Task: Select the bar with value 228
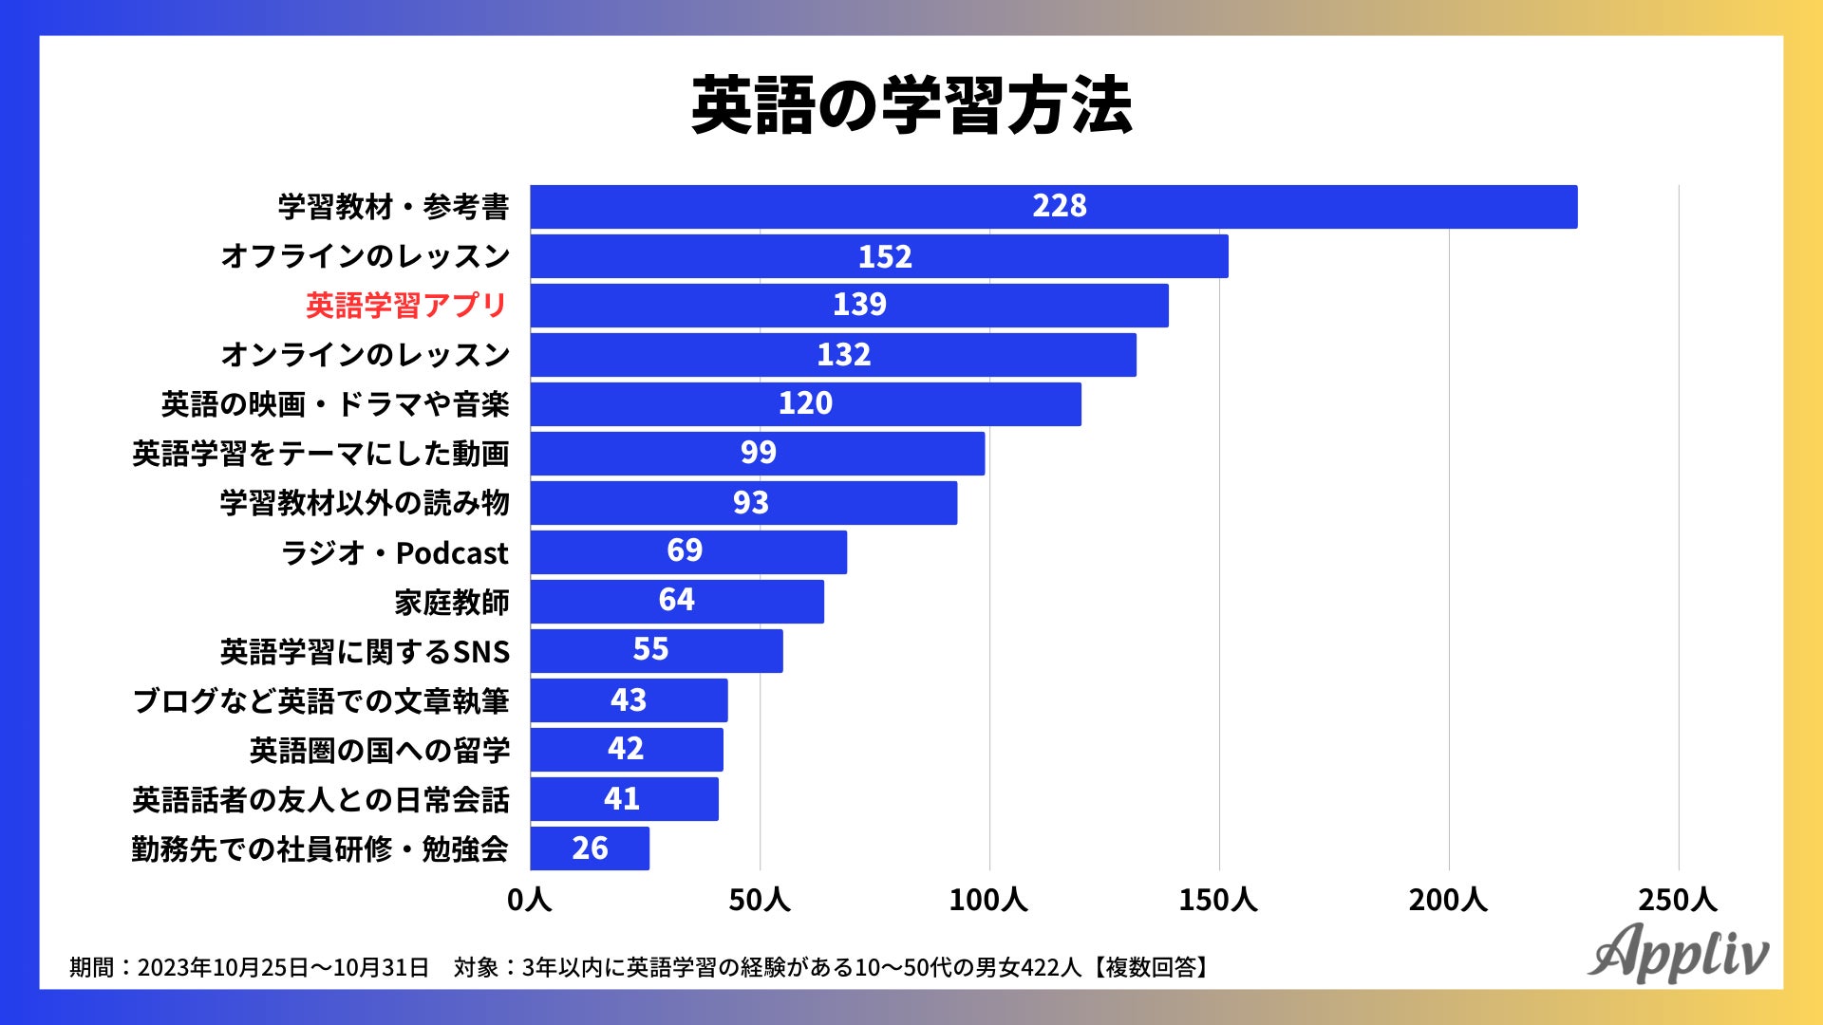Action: [1053, 207]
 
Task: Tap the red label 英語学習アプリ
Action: [406, 306]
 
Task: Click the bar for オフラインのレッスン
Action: [878, 256]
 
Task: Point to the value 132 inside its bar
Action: [843, 355]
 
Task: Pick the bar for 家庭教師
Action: [676, 602]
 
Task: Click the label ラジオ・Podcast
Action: [394, 552]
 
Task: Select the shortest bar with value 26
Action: [590, 848]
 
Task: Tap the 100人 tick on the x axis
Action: [988, 900]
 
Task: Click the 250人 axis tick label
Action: [1678, 900]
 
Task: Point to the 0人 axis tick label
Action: [530, 900]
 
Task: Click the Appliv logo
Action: [1678, 952]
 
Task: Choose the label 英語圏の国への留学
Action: [379, 751]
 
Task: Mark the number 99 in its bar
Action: [758, 453]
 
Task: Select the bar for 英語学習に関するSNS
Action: [656, 651]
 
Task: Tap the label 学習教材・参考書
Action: [393, 207]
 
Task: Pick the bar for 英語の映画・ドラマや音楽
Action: [805, 404]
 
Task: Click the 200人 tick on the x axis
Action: [1448, 900]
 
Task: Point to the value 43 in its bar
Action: [629, 700]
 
